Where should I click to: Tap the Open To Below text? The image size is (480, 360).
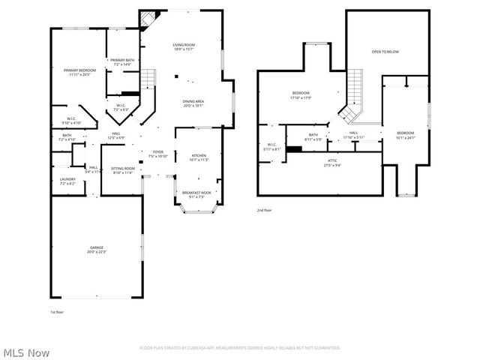coord(385,52)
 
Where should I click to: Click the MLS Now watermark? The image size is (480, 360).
coord(27,352)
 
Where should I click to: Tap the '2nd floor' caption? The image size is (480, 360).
coord(264,211)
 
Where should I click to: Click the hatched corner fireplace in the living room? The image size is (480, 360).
coord(148,17)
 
